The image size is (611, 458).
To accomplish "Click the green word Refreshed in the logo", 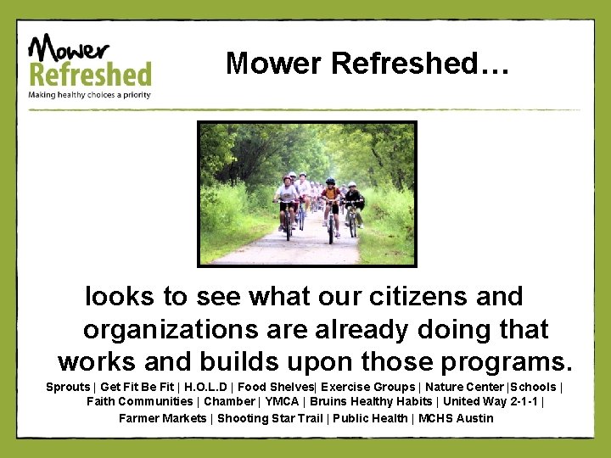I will (x=90, y=74).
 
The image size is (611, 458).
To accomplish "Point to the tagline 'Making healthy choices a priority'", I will (x=89, y=95).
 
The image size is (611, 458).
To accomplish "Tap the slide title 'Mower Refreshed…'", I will (x=367, y=63).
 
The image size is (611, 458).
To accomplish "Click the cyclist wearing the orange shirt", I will (x=331, y=204).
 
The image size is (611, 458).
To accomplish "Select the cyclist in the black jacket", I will (x=352, y=202).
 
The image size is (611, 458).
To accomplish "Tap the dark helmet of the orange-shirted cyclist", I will (x=330, y=182).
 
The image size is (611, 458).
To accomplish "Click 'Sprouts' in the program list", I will (x=67, y=387).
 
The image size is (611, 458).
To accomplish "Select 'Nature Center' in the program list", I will (x=464, y=387).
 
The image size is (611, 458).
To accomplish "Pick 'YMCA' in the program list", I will (x=282, y=401).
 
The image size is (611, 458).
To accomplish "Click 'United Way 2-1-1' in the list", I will (x=491, y=401).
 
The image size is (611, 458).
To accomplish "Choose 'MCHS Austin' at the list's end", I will (x=456, y=417).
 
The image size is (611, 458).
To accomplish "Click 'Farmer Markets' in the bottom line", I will (x=162, y=417).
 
